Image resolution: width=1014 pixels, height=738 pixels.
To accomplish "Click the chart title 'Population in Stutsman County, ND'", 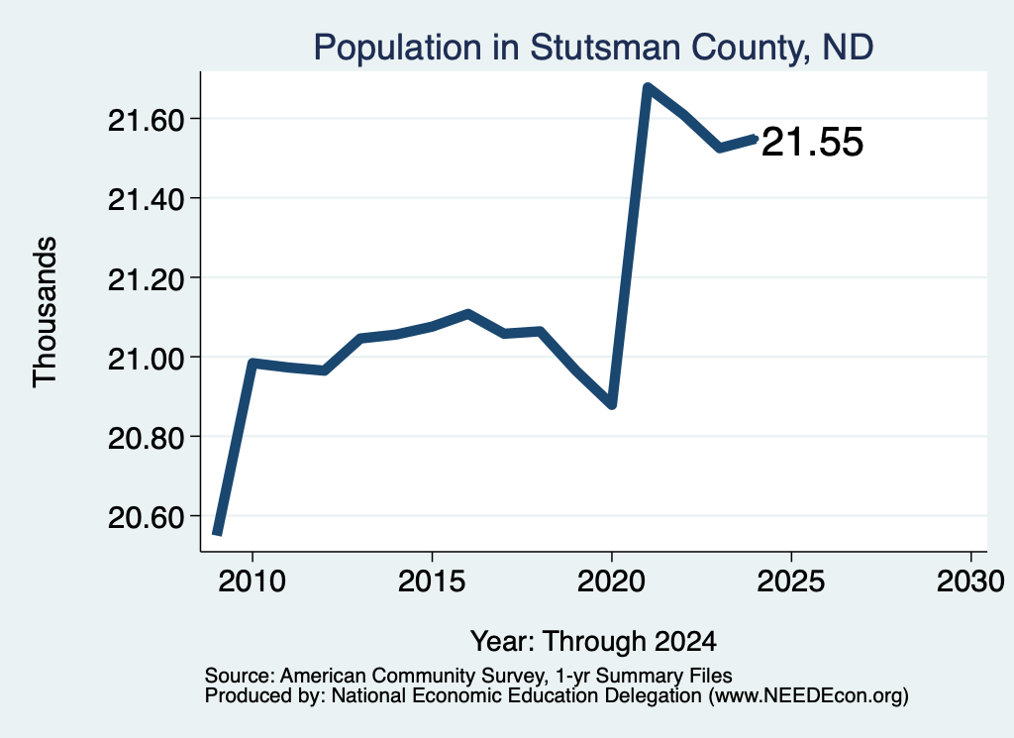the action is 593,48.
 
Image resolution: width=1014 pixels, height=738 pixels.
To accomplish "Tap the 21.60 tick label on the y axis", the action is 147,120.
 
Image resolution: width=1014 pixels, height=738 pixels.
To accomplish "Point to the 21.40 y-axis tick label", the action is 147,199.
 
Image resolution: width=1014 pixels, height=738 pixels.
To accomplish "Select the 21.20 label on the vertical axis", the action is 147,278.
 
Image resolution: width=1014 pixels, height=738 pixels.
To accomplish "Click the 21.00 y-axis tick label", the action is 147,359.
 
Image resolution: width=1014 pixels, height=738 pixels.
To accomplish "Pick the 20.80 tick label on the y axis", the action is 147,438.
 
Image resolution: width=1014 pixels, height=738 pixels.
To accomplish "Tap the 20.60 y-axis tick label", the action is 147,517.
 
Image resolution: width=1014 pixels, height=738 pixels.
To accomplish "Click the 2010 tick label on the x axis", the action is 252,580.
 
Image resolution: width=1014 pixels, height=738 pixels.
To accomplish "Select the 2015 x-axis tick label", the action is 432,580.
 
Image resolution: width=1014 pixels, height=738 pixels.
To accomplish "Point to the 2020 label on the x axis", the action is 611,580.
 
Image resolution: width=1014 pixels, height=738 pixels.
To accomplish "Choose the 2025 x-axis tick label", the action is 791,580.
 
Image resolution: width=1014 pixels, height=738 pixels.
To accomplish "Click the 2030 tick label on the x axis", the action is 970,580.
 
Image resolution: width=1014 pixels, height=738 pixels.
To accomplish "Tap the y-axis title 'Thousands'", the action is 46,312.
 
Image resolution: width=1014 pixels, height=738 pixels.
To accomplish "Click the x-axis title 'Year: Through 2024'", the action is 594,641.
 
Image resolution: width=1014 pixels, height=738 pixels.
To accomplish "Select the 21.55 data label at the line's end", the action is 812,142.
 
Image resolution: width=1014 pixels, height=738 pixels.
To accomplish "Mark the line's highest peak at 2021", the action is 648,86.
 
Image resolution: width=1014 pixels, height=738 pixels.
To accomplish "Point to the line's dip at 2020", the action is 612,405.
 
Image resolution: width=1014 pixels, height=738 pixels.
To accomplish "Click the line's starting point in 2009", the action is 217,534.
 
